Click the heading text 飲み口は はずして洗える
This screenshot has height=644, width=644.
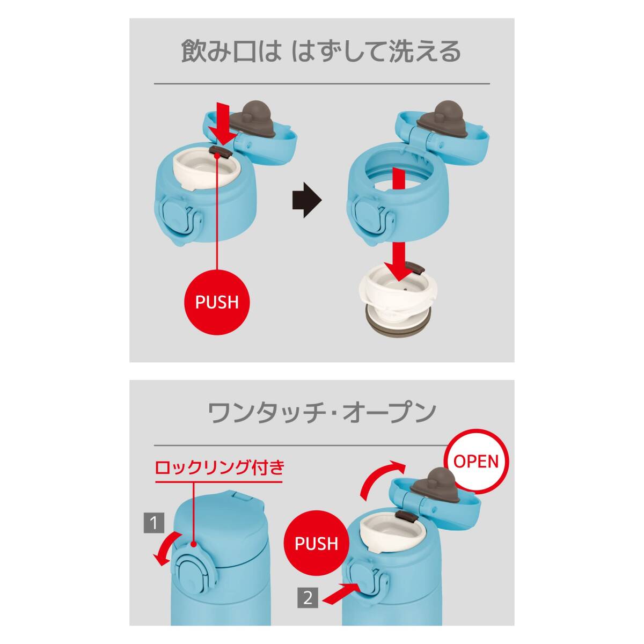[x=321, y=52]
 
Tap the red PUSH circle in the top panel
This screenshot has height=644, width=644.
[x=217, y=302]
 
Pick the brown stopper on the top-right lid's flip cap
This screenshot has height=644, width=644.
[x=436, y=114]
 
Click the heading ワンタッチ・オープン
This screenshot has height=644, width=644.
[x=321, y=413]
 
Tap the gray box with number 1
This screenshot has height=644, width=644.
[x=155, y=522]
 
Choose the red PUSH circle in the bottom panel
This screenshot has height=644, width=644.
[x=316, y=544]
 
